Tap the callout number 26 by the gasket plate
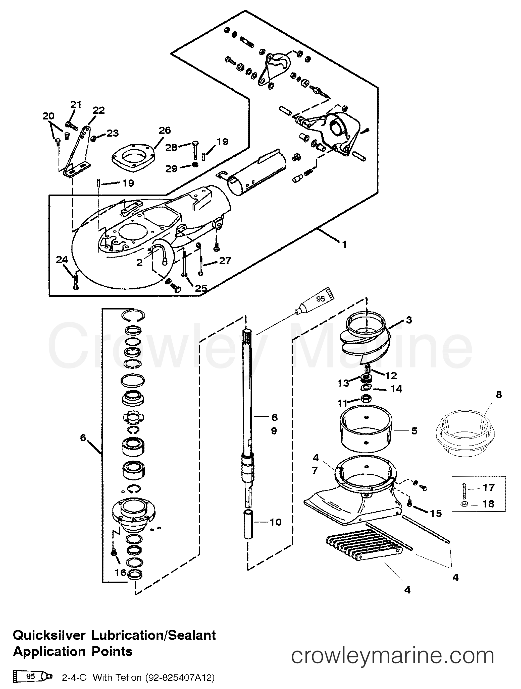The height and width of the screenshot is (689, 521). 165,130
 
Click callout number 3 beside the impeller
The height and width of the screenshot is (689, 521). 409,320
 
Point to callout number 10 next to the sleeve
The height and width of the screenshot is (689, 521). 275,522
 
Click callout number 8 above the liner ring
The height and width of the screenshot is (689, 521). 499,395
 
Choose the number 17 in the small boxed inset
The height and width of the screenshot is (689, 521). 488,488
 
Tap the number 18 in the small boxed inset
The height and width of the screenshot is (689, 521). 488,504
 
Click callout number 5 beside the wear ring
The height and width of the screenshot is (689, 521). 414,431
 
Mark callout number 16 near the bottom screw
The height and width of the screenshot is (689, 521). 120,573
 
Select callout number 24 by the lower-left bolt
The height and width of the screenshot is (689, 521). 62,260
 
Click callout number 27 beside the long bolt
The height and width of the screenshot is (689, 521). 225,261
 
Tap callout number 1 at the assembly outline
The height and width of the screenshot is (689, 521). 344,244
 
